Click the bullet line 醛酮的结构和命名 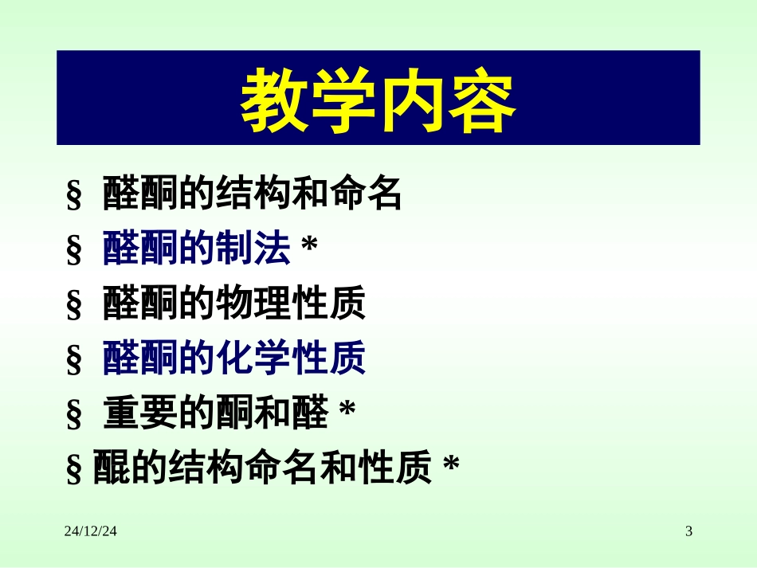(x=252, y=195)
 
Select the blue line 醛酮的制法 (x=196, y=250)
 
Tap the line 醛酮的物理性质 (x=233, y=305)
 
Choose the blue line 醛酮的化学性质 (x=233, y=359)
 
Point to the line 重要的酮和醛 (x=215, y=414)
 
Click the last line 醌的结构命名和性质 (x=261, y=468)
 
